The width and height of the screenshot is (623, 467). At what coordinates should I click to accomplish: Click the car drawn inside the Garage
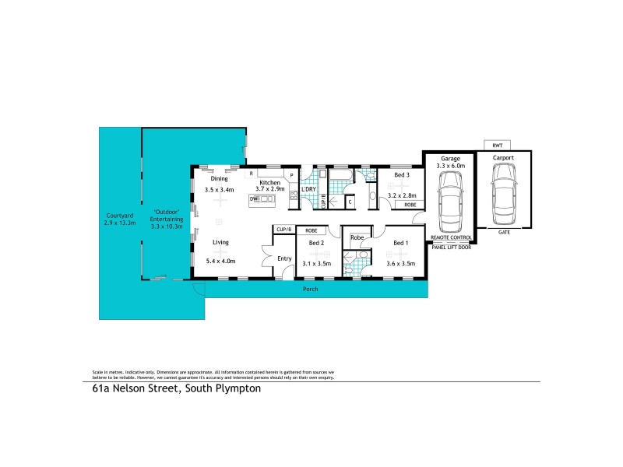coord(451,202)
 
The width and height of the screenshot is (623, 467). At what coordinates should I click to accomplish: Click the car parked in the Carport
coord(503,195)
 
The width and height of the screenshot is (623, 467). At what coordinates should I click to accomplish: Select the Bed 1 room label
coord(400,244)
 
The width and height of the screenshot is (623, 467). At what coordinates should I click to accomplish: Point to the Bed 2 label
coord(315,244)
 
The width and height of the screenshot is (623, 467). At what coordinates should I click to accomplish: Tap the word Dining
coord(219,178)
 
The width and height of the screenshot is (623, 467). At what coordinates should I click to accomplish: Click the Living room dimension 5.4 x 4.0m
coord(220,262)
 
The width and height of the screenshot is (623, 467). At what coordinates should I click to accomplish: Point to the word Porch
coord(311,290)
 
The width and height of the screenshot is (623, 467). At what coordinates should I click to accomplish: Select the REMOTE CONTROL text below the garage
coord(451,237)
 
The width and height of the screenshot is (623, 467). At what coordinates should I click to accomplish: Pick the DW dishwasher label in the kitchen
coord(253,200)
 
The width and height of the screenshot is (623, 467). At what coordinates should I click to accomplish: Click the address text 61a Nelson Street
coord(134,391)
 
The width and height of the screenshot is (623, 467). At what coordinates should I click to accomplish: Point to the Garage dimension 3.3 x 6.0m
coord(451,166)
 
